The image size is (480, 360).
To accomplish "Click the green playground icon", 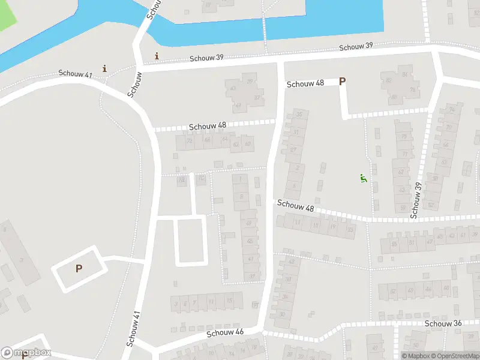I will pyautogui.click(x=363, y=178).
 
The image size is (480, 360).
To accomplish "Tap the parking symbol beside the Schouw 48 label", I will pyautogui.click(x=343, y=82).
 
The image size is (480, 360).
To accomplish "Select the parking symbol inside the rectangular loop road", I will pyautogui.click(x=79, y=269).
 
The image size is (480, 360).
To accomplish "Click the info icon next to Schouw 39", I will pyautogui.click(x=157, y=56).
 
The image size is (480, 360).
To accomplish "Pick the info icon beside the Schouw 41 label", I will pyautogui.click(x=105, y=68).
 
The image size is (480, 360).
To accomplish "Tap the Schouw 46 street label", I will pyautogui.click(x=225, y=332).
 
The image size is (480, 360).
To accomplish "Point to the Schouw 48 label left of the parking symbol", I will pyautogui.click(x=305, y=84).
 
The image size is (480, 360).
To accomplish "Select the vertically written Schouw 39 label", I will pyautogui.click(x=415, y=200).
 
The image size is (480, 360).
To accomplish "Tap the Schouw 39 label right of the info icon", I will pyautogui.click(x=207, y=58).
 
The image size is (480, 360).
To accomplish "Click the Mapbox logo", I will pyautogui.click(x=26, y=353).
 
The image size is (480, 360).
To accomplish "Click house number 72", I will pyautogui.click(x=190, y=142).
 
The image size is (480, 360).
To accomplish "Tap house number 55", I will pyautogui.click(x=394, y=244).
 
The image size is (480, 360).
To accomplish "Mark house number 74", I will pyautogui.click(x=451, y=110).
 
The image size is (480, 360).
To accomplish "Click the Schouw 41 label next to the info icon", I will pyautogui.click(x=75, y=73).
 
